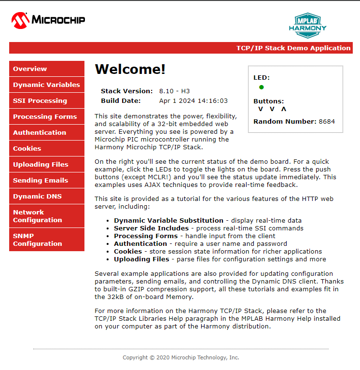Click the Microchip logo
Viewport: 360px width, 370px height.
pyautogui.click(x=48, y=20)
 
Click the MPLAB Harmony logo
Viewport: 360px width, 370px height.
pyautogui.click(x=307, y=25)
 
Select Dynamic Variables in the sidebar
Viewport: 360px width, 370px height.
pyautogui.click(x=46, y=85)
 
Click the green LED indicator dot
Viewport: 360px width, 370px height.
pyautogui.click(x=262, y=87)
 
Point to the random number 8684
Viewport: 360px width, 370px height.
pyautogui.click(x=327, y=121)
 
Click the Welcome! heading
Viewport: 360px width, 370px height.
pyautogui.click(x=130, y=69)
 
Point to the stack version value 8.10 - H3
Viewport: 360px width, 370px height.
pyautogui.click(x=174, y=91)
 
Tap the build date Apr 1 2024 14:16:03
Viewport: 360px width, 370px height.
pyautogui.click(x=193, y=100)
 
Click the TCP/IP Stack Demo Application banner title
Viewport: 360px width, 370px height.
pyautogui.click(x=293, y=48)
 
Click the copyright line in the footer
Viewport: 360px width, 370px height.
pyautogui.click(x=181, y=357)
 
